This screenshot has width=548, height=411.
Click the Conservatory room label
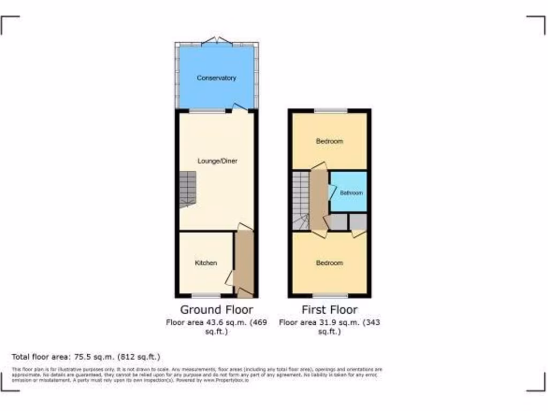[216, 78]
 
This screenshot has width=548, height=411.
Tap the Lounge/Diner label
[217, 161]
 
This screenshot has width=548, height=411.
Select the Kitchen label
[205, 263]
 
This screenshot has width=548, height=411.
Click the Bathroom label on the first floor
[351, 193]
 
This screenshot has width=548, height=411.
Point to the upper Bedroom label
[329, 141]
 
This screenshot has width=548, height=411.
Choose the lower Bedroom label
[329, 263]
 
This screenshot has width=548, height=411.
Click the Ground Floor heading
[216, 309]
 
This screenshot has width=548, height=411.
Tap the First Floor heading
[329, 309]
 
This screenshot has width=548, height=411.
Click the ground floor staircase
[187, 190]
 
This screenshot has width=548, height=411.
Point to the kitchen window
[206, 295]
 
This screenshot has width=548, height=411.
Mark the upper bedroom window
[330, 111]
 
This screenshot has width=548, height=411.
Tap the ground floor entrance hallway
[245, 262]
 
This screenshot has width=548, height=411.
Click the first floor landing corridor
[319, 198]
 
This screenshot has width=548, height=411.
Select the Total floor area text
[86, 356]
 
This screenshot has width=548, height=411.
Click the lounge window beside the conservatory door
[208, 111]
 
